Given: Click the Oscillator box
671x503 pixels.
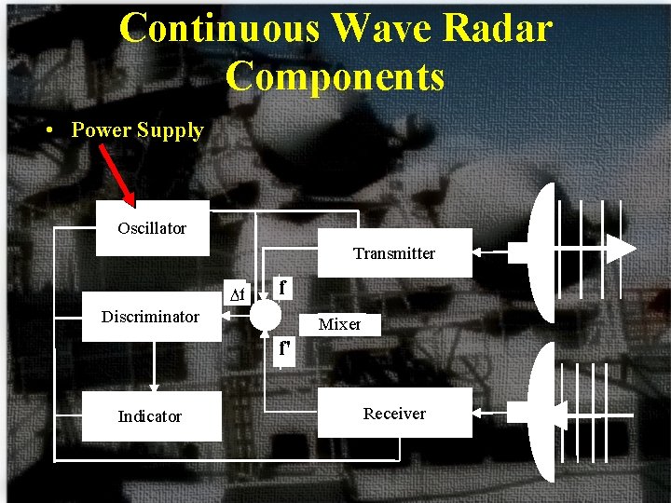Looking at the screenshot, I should [152, 228].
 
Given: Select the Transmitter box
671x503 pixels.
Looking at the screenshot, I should [394, 253].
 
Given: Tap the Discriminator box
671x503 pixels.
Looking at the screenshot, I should [151, 318].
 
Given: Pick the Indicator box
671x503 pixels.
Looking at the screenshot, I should [150, 416].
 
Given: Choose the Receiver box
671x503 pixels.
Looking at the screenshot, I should [394, 414].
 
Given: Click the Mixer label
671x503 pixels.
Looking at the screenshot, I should [339, 324].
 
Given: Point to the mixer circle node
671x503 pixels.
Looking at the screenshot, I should [265, 315].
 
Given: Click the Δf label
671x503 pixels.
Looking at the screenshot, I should [238, 295].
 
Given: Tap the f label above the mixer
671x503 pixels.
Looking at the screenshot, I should [282, 287].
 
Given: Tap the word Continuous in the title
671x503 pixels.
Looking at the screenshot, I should [219, 28].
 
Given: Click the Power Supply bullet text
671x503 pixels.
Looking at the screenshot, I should [137, 130].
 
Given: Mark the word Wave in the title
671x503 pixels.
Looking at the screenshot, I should [382, 28].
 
